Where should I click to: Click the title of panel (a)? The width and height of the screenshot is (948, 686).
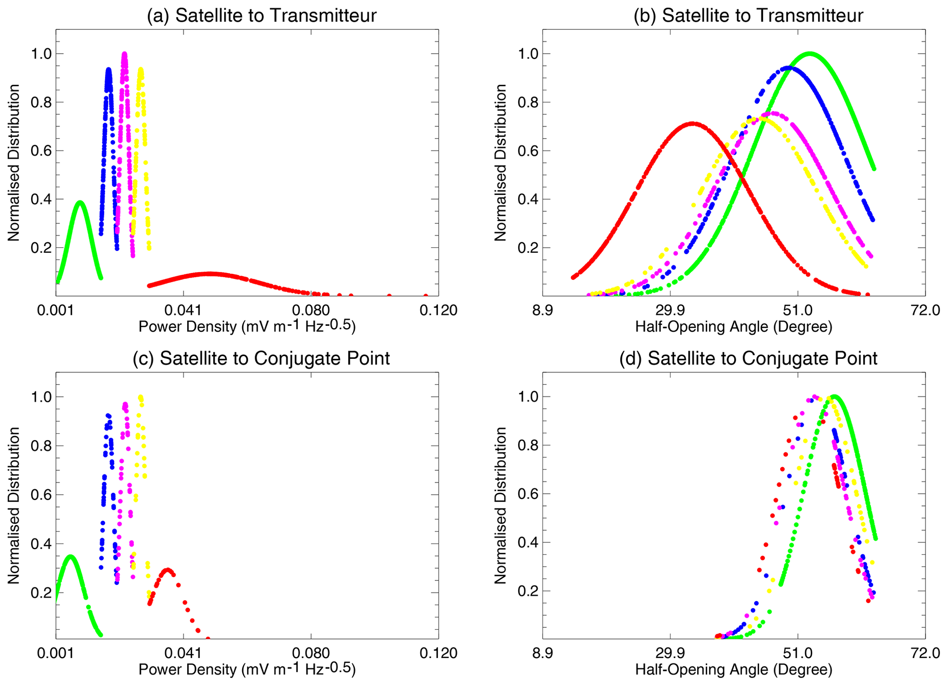261,16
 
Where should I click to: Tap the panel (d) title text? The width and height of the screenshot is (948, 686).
748,358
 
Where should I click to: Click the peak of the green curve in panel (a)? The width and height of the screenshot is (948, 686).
80,202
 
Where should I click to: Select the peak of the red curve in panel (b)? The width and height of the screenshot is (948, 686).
692,123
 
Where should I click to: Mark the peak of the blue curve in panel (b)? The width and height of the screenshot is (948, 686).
789,68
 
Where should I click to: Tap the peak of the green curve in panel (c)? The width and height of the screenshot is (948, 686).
70,556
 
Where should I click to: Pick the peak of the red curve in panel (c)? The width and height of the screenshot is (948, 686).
168,570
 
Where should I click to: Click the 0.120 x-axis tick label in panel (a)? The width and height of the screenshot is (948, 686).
438,311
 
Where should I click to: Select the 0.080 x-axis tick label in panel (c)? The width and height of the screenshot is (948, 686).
311,653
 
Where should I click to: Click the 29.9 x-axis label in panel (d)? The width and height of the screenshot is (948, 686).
670,653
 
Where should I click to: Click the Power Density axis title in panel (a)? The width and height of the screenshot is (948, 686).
247,326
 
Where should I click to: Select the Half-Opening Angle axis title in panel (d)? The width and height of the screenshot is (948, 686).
733,669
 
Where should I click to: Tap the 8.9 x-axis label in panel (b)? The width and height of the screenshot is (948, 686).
543,311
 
